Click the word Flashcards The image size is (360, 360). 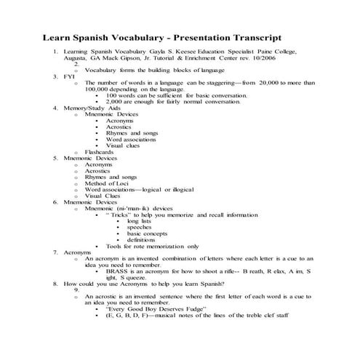100,151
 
